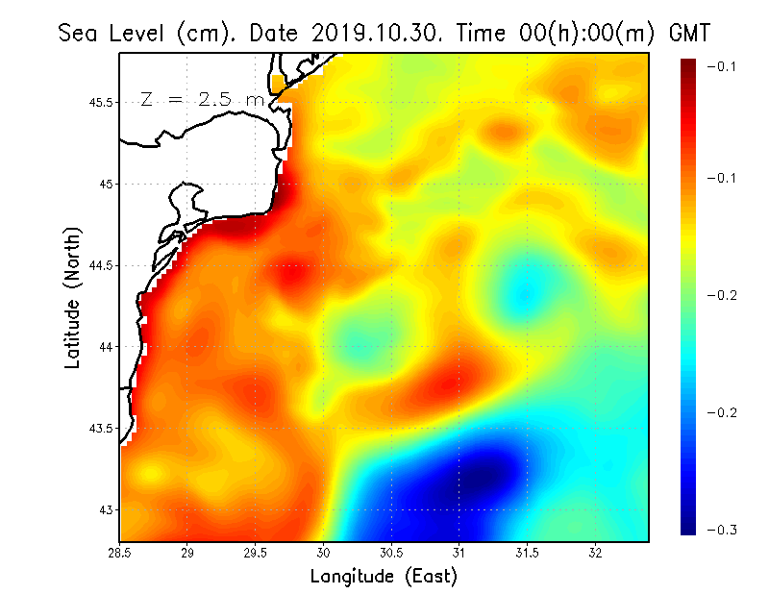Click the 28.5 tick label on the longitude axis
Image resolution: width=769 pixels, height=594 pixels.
click(120, 553)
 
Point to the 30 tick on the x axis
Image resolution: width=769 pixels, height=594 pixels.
click(324, 553)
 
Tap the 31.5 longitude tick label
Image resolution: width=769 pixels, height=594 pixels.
click(528, 553)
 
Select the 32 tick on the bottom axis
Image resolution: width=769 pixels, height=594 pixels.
click(596, 553)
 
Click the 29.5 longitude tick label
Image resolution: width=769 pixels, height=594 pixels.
click(256, 553)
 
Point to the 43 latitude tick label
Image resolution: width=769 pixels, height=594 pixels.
click(106, 509)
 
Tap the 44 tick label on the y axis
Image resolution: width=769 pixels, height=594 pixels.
click(106, 346)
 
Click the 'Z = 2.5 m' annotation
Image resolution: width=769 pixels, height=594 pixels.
click(202, 100)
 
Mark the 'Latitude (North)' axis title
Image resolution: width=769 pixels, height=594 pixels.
click(73, 297)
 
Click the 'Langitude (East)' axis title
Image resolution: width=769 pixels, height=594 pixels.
click(384, 577)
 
